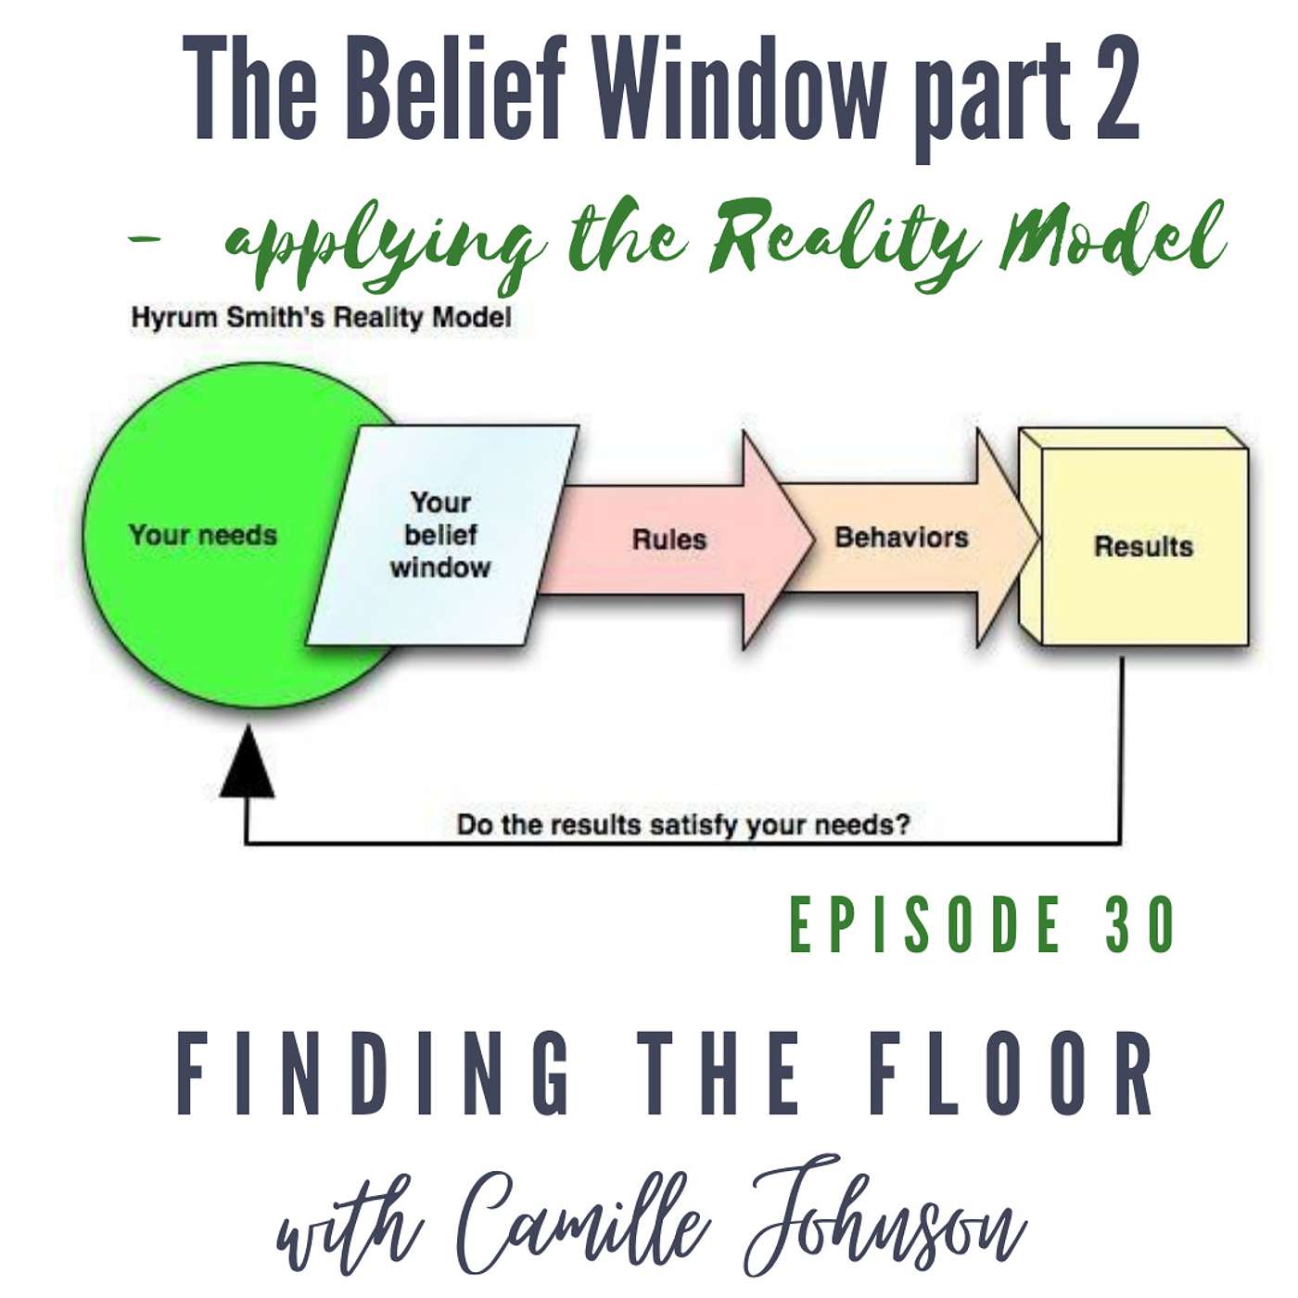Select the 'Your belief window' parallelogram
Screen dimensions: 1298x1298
tap(441, 536)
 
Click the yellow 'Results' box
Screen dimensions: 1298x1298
tap(1143, 547)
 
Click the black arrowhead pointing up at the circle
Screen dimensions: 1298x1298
tap(247, 765)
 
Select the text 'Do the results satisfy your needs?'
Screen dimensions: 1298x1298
tap(683, 824)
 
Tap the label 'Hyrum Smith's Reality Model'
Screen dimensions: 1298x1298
tap(321, 318)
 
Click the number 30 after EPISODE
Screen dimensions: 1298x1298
tap(1140, 926)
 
